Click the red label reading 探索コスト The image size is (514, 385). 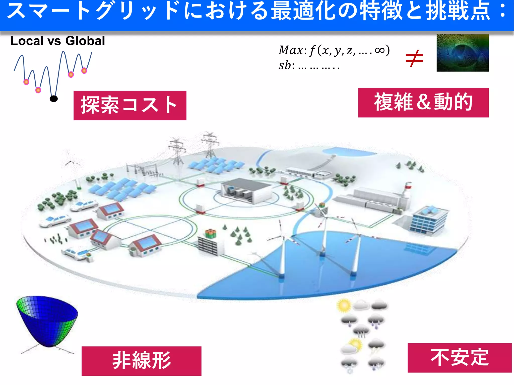(130, 106)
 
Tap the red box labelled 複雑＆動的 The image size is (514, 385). (423, 103)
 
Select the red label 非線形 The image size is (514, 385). (141, 361)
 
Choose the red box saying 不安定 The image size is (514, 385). (459, 358)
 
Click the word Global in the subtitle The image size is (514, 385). (85, 41)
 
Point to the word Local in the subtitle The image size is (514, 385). (27, 41)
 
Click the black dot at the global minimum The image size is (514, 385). (54, 99)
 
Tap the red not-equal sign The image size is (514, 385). (414, 58)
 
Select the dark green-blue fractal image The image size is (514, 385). (463, 53)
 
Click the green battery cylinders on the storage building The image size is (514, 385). (210, 233)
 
